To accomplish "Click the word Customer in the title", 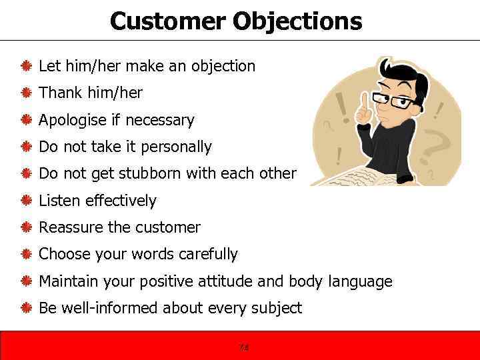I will [x=168, y=21].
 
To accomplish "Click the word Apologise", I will [x=70, y=121].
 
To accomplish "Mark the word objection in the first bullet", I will [x=223, y=66].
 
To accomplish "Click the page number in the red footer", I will [x=243, y=347].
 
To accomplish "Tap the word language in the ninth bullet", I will [x=360, y=281].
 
